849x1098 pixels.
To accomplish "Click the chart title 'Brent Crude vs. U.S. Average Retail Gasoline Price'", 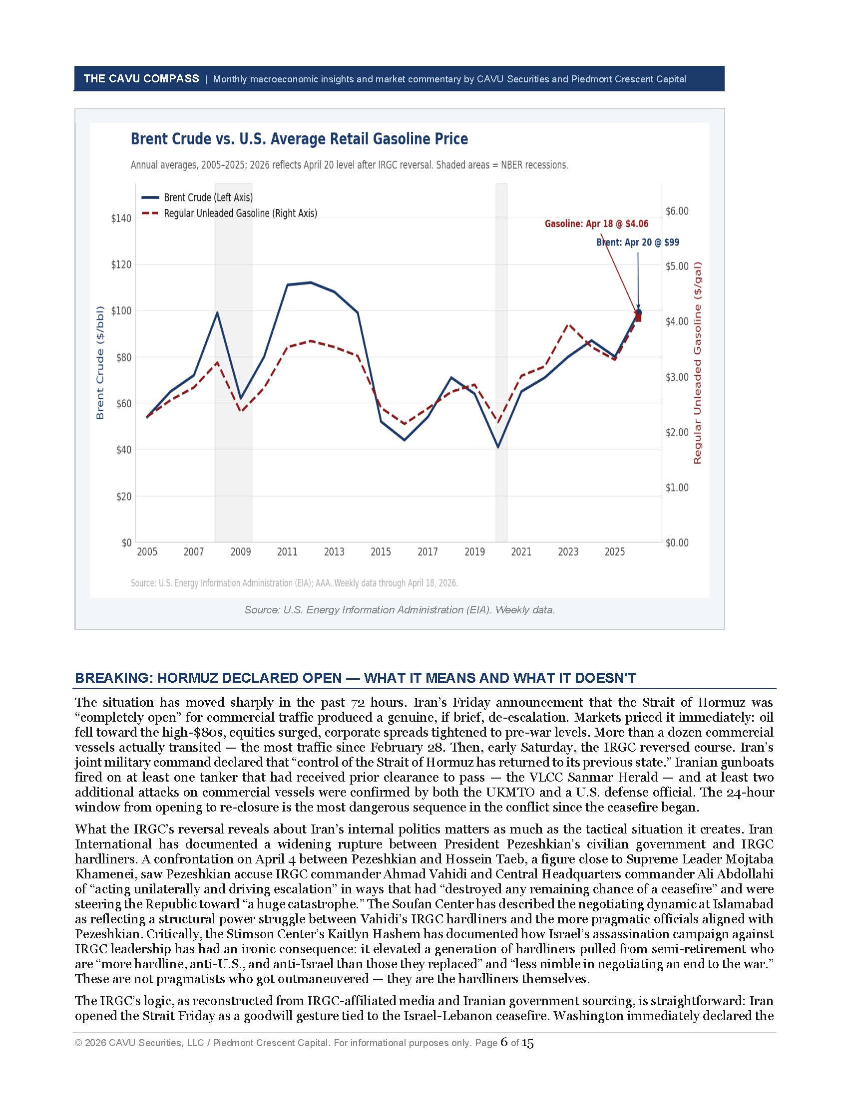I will point(299,139).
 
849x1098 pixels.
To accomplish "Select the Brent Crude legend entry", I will point(208,198).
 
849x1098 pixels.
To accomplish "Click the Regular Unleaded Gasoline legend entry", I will point(240,213).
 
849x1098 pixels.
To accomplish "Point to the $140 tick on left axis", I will point(121,218).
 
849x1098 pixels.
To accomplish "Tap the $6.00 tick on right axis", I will point(677,211).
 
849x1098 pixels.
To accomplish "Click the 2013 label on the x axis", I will point(334,552).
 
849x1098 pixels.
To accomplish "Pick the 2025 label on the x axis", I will point(615,552).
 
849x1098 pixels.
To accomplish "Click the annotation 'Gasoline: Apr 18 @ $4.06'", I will point(596,224).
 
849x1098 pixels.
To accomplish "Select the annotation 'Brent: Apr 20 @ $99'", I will point(637,243).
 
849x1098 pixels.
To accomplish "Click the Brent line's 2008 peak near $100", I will point(217,313).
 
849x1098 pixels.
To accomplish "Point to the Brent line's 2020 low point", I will point(498,447).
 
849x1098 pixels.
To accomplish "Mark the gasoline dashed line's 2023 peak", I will point(568,325).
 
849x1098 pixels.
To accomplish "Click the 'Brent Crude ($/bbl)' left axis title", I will point(99,362).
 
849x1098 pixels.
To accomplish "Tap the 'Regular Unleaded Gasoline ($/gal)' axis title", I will point(697,362).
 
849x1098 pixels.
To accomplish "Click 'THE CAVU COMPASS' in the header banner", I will point(141,78).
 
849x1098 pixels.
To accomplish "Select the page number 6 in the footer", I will point(504,1043).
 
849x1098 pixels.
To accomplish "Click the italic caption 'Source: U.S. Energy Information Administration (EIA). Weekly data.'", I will point(400,610).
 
